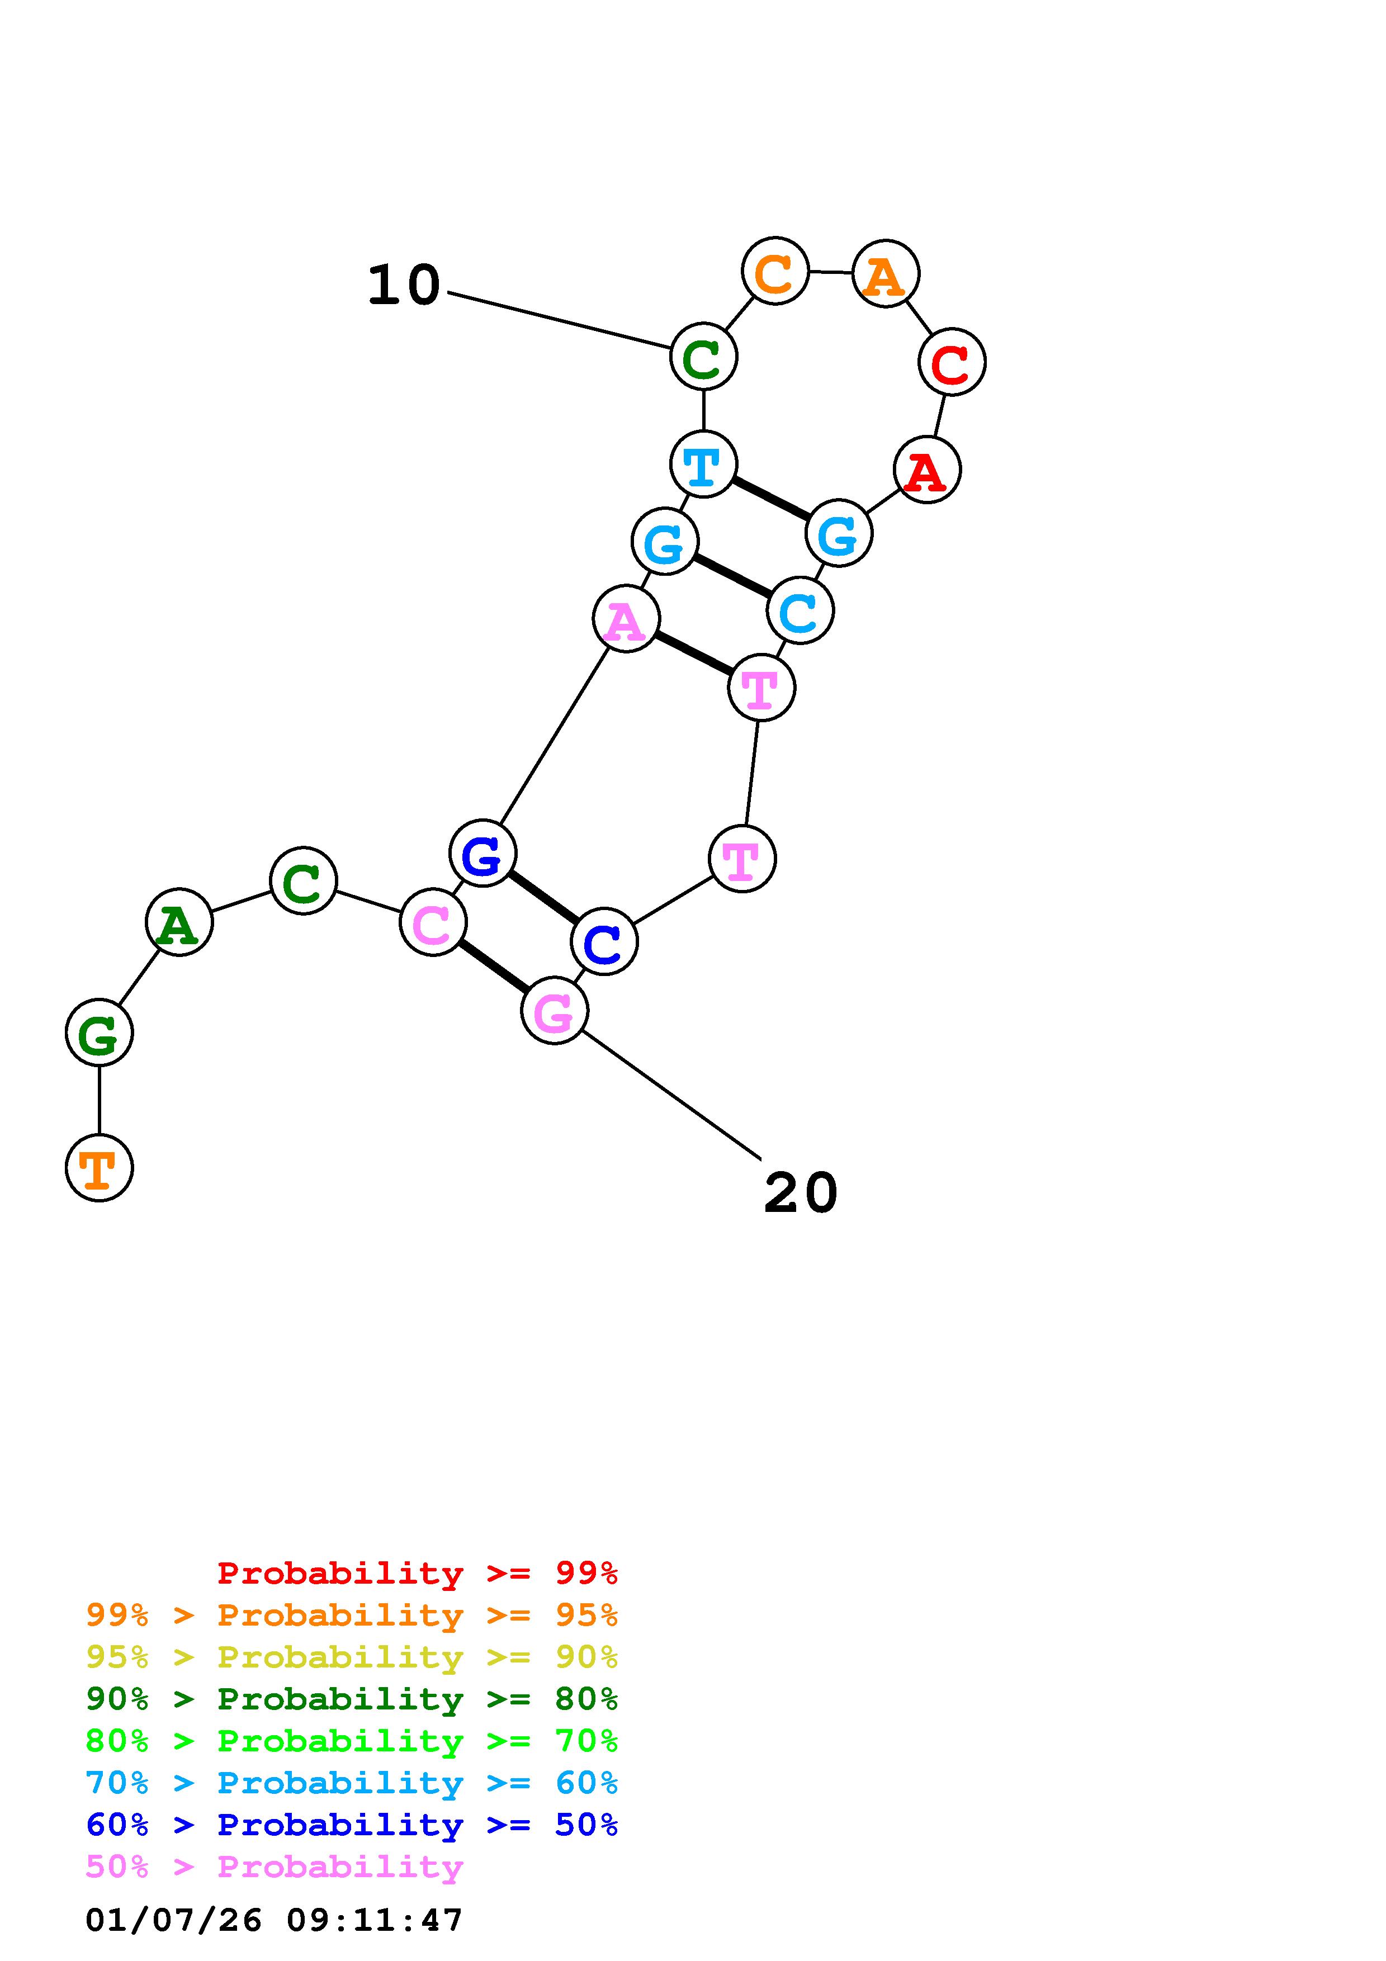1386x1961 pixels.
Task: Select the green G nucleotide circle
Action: point(99,1032)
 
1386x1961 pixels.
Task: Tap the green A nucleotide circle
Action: point(178,922)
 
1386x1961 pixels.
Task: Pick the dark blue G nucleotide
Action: point(483,853)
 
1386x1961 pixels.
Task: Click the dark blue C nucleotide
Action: point(604,941)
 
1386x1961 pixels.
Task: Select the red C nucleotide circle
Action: point(952,362)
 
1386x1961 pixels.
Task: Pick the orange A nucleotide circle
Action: point(886,273)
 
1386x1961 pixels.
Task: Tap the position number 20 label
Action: point(800,1192)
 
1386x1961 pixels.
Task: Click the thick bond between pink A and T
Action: point(693,653)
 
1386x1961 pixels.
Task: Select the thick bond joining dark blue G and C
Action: point(543,897)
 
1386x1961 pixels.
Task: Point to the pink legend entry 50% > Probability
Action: point(274,1867)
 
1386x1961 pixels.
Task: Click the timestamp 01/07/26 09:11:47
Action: point(274,1921)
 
